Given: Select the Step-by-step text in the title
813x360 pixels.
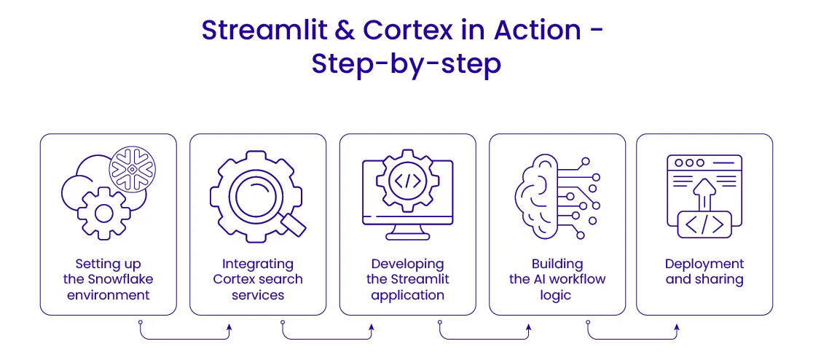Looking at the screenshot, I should [406, 64].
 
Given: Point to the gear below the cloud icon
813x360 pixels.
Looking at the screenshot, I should [103, 212].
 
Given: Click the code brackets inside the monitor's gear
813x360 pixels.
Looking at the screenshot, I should [407, 181].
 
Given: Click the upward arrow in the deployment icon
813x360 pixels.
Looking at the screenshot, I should [704, 195].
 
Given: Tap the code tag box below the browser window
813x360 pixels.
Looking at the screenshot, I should [704, 224].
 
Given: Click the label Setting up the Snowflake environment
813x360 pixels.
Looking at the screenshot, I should [108, 279].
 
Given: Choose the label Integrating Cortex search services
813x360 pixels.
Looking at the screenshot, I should [258, 279].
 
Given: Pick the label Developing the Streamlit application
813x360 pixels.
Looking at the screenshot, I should [407, 279].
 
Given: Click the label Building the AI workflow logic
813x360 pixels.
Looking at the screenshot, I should [557, 279].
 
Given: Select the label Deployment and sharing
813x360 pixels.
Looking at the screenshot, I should [704, 271].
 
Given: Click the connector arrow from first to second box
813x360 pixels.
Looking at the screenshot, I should [185, 337].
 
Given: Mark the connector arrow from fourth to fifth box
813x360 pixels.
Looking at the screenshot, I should [632, 337].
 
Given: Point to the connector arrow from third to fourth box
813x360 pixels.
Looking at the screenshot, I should [484, 337].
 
